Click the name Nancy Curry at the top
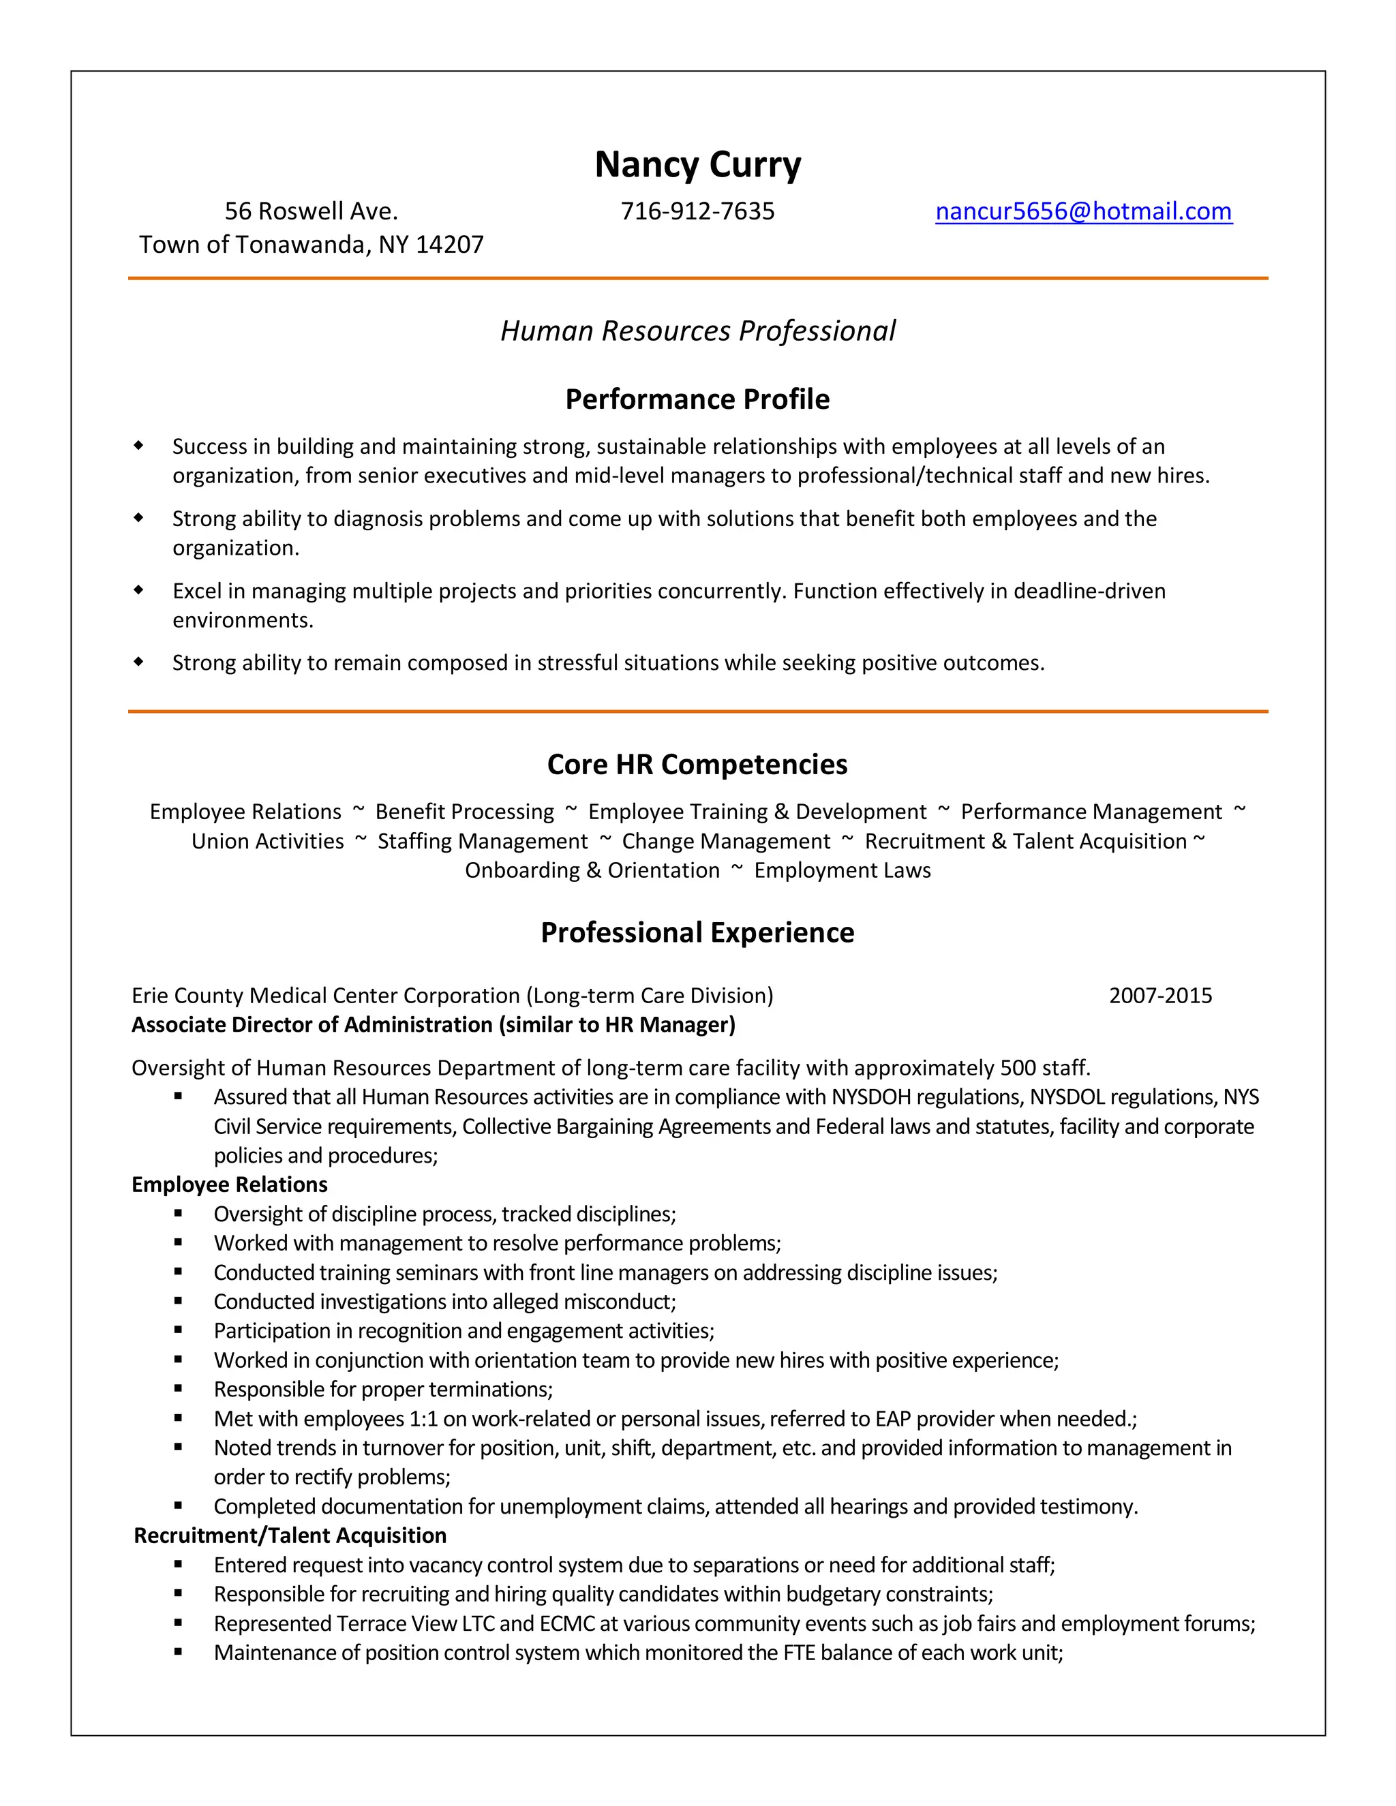tap(697, 164)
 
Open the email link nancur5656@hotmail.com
tap(1083, 212)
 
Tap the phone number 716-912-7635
tap(697, 212)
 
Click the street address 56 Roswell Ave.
tap(311, 212)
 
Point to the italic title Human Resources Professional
tap(697, 331)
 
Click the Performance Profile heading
tap(697, 399)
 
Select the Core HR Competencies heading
tap(697, 764)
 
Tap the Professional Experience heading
tap(697, 933)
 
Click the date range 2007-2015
tap(1159, 996)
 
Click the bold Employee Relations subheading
tap(229, 1184)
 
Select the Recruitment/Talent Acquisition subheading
tap(290, 1535)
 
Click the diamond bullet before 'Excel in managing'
tap(139, 590)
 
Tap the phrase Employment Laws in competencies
tap(842, 871)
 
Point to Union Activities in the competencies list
tap(267, 842)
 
